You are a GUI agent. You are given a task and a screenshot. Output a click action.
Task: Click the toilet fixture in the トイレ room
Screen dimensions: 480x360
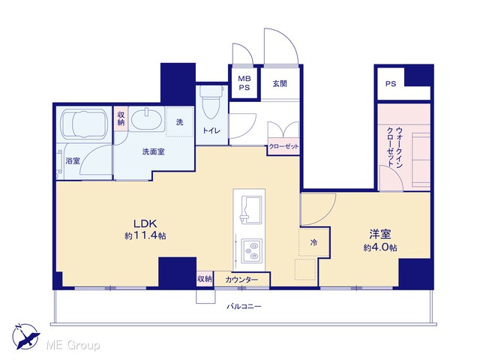pyautogui.click(x=211, y=102)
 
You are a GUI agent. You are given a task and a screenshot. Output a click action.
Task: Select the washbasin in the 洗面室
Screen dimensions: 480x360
pyautogui.click(x=146, y=120)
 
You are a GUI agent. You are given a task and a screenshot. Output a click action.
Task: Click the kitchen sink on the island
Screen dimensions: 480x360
pyautogui.click(x=251, y=209)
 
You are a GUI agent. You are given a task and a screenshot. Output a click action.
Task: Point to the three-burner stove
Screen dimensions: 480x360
pyautogui.click(x=252, y=250)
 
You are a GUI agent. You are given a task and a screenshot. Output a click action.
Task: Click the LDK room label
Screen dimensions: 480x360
pyautogui.click(x=145, y=223)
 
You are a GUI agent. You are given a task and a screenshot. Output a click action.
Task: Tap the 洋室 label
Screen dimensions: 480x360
pyautogui.click(x=380, y=235)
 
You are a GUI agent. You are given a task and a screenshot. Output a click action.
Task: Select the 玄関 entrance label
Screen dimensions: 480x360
pyautogui.click(x=280, y=83)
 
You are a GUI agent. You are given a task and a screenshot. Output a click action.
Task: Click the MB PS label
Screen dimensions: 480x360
pyautogui.click(x=244, y=83)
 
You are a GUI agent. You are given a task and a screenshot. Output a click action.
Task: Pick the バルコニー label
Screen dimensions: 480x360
pyautogui.click(x=244, y=306)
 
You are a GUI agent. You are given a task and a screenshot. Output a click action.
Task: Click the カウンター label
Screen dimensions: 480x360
pyautogui.click(x=241, y=280)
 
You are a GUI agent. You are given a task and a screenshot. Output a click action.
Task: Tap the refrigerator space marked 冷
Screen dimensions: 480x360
pyautogui.click(x=314, y=241)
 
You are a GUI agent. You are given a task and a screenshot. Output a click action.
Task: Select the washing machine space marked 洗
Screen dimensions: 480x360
pyautogui.click(x=180, y=121)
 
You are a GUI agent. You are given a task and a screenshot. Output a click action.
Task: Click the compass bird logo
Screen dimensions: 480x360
pyautogui.click(x=26, y=337)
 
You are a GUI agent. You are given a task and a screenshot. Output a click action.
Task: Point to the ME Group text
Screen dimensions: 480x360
pyautogui.click(x=73, y=345)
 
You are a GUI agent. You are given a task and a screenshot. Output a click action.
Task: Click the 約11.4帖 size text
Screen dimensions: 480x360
pyautogui.click(x=145, y=235)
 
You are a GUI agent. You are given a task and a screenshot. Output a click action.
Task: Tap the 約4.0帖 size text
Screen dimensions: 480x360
pyautogui.click(x=380, y=247)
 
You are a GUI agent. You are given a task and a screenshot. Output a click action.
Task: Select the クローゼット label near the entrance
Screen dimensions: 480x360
pyautogui.click(x=283, y=147)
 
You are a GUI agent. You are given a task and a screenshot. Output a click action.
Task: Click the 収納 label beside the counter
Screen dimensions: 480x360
pyautogui.click(x=204, y=279)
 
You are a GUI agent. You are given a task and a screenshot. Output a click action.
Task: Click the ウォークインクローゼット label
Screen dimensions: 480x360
pyautogui.click(x=394, y=147)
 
